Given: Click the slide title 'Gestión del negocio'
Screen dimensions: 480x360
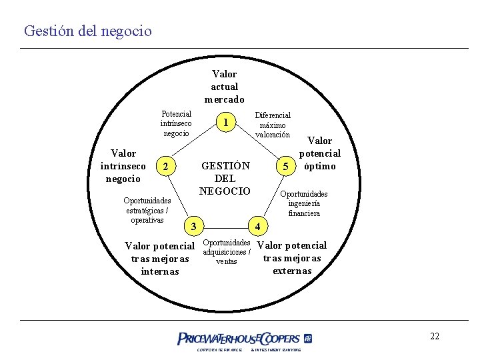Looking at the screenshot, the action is point(87,31).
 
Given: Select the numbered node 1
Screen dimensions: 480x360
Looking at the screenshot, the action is point(227,122).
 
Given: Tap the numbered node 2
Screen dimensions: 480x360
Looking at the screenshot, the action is point(169,165).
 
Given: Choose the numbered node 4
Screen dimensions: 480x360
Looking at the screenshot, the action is point(258,225).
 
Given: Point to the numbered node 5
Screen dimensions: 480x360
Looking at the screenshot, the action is point(285,165).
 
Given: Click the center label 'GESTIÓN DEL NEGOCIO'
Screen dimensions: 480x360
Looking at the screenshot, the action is point(225,178).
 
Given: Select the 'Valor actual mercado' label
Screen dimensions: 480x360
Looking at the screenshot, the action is point(224,87).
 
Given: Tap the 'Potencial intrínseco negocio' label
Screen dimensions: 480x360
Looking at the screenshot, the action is point(176,123).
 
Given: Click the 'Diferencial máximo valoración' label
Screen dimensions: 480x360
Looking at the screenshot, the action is point(273,125).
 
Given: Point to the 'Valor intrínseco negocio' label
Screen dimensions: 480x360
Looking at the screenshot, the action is point(123,166).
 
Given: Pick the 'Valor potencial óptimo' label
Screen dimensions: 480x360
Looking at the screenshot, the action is point(320,153).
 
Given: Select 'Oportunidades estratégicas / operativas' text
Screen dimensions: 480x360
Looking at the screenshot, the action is point(147,210).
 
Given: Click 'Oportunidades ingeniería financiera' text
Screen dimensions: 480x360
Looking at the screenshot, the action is point(304,203).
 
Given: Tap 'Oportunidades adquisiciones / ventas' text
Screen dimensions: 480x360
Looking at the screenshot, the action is point(226,251).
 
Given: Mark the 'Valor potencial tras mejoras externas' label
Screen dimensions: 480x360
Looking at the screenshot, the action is point(292,257).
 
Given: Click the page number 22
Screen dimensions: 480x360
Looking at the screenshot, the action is point(435,336).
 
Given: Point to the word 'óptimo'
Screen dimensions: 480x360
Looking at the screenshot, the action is point(320,166).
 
